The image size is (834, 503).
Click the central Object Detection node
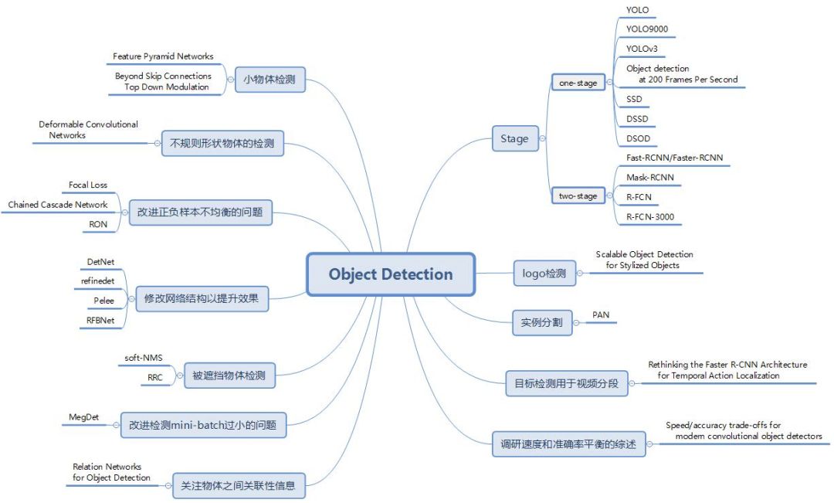[391, 274]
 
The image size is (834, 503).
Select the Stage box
[515, 139]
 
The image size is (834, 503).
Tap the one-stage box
[578, 83]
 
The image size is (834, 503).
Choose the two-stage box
[578, 196]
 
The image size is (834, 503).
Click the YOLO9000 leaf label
[647, 29]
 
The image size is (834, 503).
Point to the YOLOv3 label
[642, 49]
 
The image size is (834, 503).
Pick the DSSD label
[638, 120]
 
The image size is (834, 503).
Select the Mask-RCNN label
[650, 178]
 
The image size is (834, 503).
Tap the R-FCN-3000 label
[650, 217]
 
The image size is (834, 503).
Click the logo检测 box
[545, 274]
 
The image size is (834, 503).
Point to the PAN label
[602, 315]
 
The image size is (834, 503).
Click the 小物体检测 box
[270, 80]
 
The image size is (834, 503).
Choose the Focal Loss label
[88, 185]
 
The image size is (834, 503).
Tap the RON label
[99, 225]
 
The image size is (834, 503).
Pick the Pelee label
[103, 300]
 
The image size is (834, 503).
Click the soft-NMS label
[144, 359]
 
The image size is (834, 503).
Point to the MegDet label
[85, 418]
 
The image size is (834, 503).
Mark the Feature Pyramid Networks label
[163, 56]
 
